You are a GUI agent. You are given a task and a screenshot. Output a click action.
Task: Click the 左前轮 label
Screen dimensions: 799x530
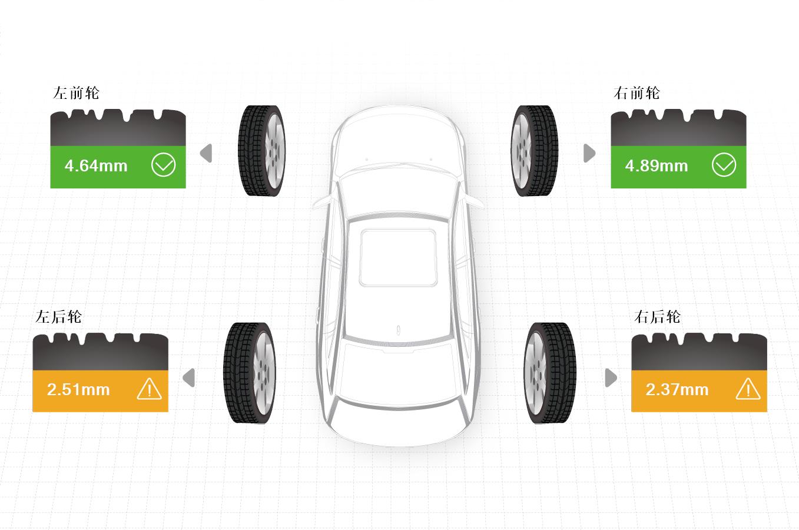point(76,93)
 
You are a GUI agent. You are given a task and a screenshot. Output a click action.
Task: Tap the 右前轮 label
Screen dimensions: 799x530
point(636,93)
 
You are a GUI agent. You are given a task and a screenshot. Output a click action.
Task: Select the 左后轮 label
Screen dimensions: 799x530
point(59,317)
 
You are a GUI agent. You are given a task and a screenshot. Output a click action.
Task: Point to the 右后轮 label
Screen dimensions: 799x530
point(657,317)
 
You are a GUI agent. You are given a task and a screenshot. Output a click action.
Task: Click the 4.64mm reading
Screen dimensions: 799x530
point(96,166)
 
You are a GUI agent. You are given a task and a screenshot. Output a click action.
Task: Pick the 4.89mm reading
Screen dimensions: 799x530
point(657,166)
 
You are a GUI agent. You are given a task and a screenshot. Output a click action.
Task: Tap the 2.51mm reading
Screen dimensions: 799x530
point(78,389)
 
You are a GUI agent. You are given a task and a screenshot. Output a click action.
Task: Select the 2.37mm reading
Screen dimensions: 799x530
point(677,389)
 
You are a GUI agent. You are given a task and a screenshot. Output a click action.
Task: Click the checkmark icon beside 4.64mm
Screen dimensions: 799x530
point(163,165)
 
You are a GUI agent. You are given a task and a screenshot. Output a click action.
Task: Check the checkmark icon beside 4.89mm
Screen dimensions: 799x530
point(724,165)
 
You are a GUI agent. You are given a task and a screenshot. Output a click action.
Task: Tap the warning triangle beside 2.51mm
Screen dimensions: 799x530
point(150,389)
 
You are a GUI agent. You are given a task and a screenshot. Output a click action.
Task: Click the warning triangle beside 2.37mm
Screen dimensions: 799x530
point(748,389)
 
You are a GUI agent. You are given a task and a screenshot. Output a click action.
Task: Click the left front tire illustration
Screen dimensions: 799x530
point(262,151)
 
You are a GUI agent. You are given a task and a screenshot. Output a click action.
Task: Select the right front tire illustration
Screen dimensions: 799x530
point(534,151)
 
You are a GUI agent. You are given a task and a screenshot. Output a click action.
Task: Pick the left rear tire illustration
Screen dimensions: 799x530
point(250,373)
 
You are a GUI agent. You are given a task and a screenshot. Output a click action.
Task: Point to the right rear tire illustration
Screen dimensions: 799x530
point(550,373)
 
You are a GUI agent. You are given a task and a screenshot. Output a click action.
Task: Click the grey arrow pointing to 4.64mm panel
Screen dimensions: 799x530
point(206,153)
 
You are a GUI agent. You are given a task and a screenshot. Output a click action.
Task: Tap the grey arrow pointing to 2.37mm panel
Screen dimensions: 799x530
point(611,377)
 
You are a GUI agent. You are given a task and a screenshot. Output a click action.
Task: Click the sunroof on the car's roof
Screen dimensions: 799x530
point(398,257)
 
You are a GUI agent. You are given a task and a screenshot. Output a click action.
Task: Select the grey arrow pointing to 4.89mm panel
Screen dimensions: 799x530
point(589,153)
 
